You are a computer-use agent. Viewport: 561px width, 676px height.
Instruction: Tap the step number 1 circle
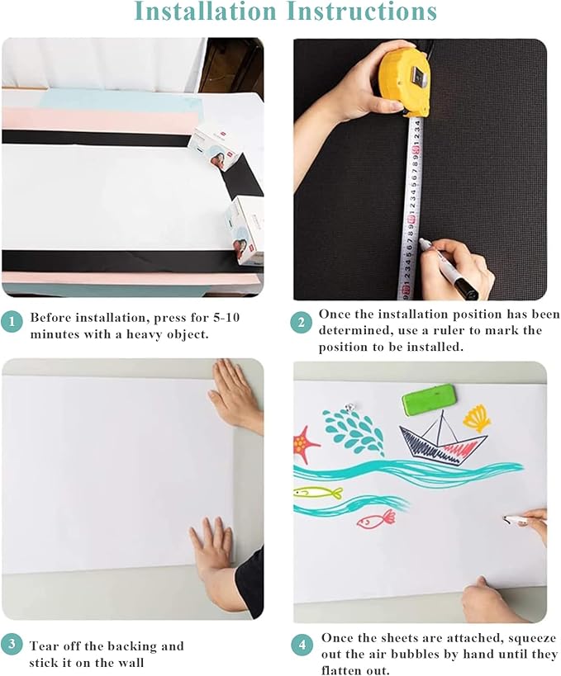pos(12,323)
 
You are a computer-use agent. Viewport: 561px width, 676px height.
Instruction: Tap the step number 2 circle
pos(302,323)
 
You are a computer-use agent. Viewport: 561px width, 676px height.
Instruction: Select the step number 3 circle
pos(12,644)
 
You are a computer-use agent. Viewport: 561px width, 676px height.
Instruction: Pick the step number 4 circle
pos(302,645)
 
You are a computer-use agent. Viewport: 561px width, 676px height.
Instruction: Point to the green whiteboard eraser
pos(428,402)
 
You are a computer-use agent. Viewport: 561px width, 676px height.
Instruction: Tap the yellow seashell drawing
pos(476,417)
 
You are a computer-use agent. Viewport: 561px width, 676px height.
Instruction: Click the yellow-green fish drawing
pos(318,493)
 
